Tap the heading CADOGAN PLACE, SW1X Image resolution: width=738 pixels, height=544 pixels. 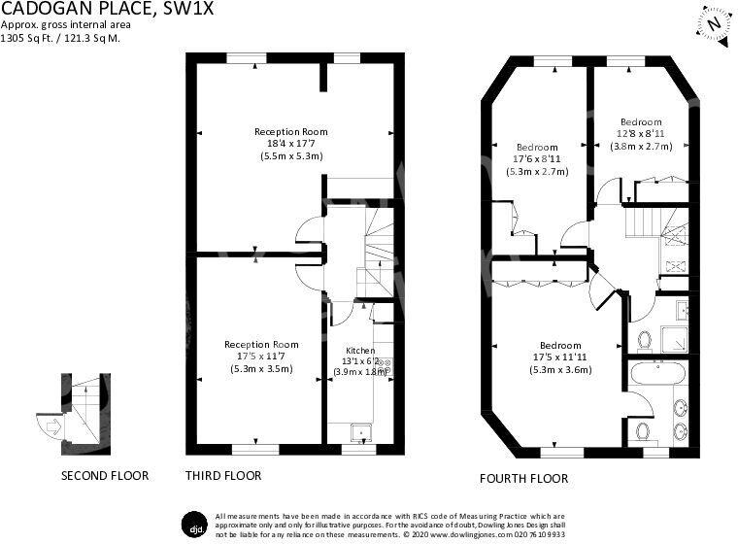pyautogui.click(x=107, y=8)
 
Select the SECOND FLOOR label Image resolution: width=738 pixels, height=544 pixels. pyautogui.click(x=105, y=476)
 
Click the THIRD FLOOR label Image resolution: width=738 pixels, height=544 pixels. pyautogui.click(x=223, y=476)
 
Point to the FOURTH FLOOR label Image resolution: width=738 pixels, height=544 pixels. pyautogui.click(x=523, y=479)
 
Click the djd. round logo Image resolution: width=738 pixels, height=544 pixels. pyautogui.click(x=195, y=525)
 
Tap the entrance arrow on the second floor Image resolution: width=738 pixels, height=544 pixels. pyautogui.click(x=54, y=427)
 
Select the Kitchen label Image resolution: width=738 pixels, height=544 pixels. pyautogui.click(x=360, y=351)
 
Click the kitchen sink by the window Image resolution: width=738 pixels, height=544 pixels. pyautogui.click(x=361, y=433)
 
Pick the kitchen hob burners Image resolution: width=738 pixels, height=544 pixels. pyautogui.click(x=386, y=366)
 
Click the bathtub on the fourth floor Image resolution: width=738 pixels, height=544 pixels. pyautogui.click(x=657, y=373)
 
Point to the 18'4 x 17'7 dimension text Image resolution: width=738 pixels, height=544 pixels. pyautogui.click(x=291, y=144)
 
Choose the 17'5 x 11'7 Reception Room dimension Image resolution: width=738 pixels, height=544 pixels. pyautogui.click(x=261, y=357)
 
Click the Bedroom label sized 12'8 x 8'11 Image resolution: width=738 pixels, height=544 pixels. pyautogui.click(x=641, y=122)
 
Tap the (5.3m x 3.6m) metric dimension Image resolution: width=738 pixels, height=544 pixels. pyautogui.click(x=560, y=370)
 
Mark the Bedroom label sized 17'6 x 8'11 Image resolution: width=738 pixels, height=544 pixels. pyautogui.click(x=537, y=148)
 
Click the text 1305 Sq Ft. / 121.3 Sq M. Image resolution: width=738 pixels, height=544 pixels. pyautogui.click(x=60, y=38)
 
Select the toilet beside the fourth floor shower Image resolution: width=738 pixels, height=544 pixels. pyautogui.click(x=645, y=340)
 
